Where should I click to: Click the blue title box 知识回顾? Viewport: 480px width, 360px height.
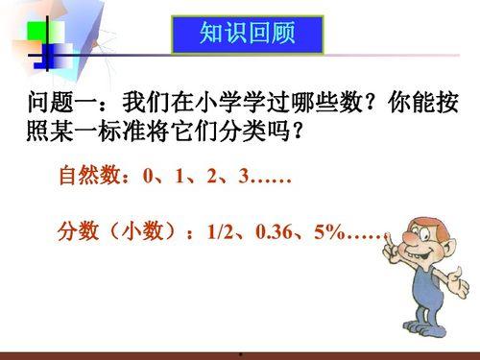(246, 36)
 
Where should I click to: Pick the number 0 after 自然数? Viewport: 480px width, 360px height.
(147, 178)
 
